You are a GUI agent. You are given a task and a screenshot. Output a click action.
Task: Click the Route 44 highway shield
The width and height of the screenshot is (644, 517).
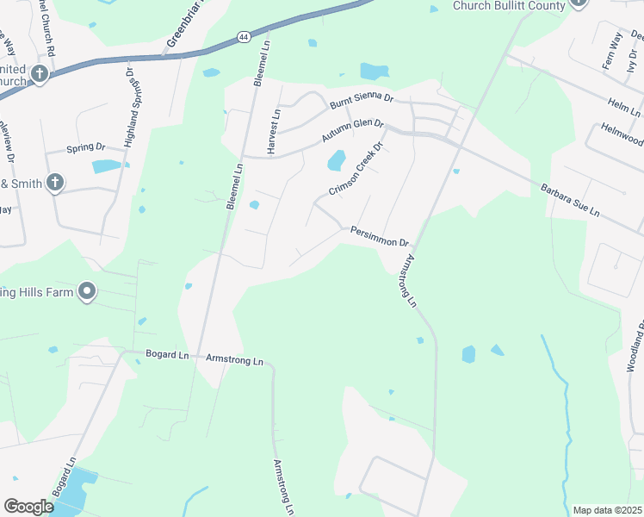244,37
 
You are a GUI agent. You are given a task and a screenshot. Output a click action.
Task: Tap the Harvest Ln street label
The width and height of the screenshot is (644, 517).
274,132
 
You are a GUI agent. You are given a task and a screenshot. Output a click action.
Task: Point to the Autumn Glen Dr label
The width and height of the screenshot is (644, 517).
352,130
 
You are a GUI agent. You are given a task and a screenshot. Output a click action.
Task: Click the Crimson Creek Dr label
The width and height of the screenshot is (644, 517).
354,169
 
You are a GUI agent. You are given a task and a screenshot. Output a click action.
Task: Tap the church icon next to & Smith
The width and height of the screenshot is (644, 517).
54,182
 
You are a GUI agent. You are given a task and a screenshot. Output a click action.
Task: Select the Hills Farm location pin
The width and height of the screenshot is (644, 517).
86,292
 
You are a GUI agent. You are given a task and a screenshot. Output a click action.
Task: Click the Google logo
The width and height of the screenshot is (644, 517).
28,507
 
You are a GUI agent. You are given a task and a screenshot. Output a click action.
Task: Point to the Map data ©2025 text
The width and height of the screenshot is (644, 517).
607,510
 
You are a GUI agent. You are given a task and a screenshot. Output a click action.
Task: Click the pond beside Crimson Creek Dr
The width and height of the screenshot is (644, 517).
336,160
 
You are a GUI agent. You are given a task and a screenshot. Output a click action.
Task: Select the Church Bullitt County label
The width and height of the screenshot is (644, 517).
509,5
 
